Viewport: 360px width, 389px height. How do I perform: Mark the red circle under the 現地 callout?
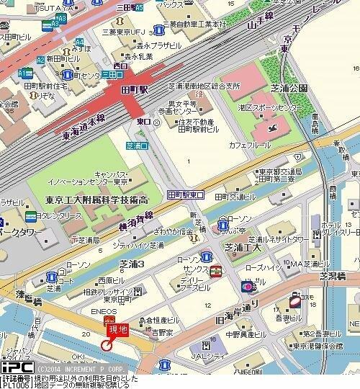(106, 345)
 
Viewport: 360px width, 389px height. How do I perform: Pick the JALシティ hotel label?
(210, 355)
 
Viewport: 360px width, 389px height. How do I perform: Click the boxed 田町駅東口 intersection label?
(185, 195)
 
